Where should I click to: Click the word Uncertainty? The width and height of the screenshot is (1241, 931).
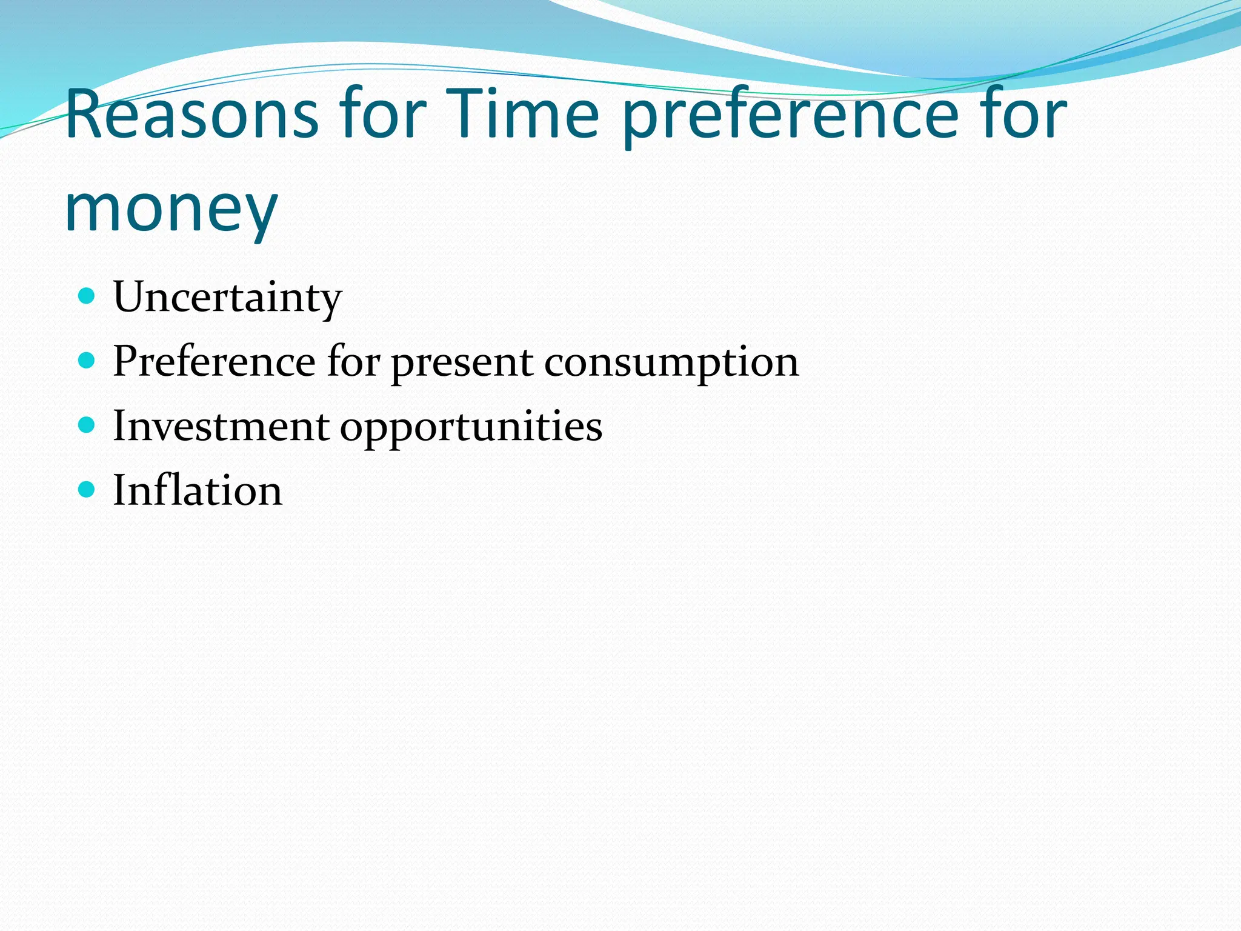pos(227,298)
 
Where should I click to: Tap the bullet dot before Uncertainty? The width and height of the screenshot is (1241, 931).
pos(87,296)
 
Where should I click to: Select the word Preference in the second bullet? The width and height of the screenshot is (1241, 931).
pos(214,362)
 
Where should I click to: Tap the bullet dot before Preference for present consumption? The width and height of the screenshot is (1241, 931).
pos(87,361)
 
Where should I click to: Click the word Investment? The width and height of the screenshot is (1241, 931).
pos(221,426)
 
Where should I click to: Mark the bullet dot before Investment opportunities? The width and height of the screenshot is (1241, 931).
pos(87,425)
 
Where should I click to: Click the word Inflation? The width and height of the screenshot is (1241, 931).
pos(198,490)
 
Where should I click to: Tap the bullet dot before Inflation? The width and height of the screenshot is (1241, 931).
pos(87,490)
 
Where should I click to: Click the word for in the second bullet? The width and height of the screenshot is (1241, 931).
pos(353,362)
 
